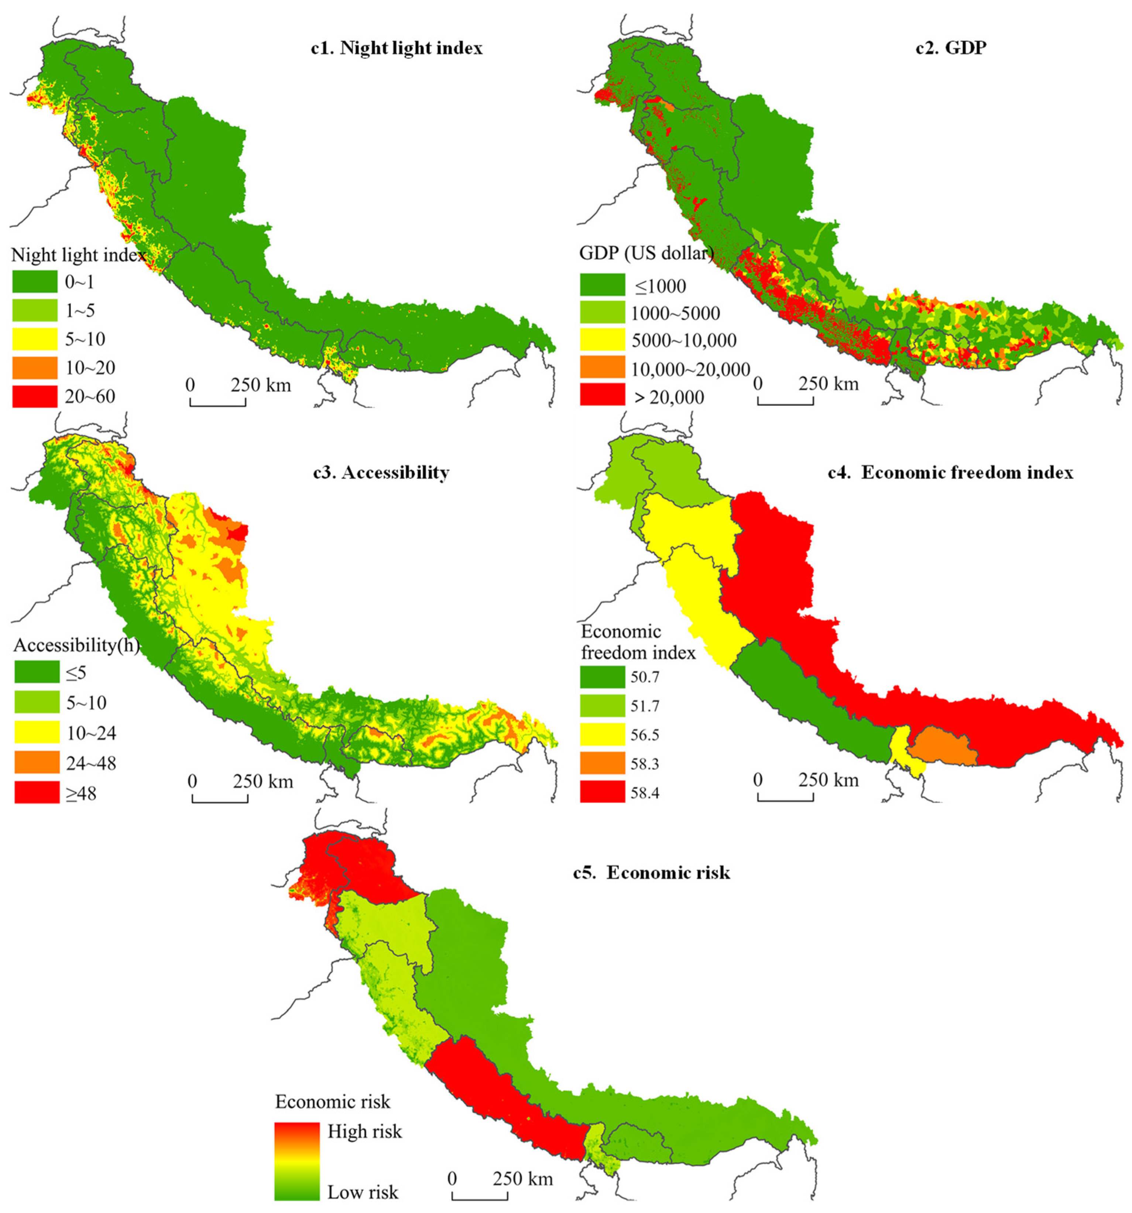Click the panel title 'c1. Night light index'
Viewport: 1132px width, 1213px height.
pos(397,48)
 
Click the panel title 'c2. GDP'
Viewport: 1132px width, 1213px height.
pos(951,48)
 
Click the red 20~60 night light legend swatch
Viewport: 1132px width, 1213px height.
pos(35,396)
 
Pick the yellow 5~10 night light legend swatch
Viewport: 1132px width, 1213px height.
pos(35,339)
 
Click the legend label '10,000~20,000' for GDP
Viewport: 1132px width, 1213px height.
pos(690,369)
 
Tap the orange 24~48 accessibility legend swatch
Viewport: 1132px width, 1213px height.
pos(37,763)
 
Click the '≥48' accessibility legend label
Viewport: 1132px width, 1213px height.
pos(81,793)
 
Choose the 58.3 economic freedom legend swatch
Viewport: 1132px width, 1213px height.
pos(602,763)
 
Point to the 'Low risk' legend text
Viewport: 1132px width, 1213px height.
pos(363,1192)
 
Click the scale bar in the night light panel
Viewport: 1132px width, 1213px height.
pos(218,401)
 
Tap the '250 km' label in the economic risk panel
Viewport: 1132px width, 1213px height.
pos(522,1178)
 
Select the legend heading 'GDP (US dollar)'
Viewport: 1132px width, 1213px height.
pos(646,253)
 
